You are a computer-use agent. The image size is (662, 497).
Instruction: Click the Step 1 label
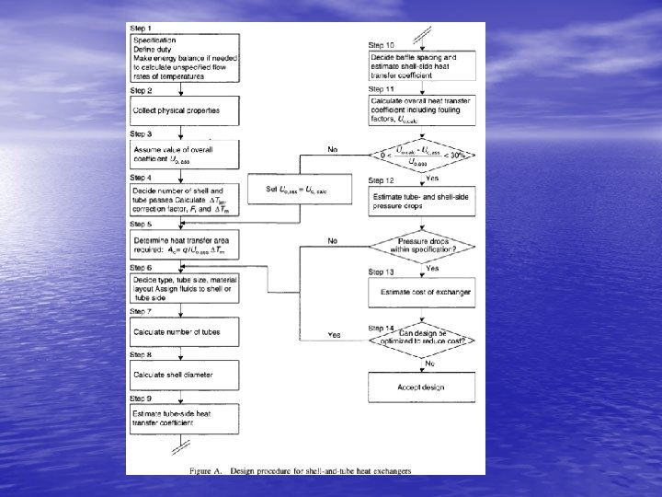(142, 29)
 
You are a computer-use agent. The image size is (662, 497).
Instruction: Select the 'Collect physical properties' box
(184, 110)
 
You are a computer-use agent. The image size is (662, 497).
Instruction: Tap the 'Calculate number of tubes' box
(184, 331)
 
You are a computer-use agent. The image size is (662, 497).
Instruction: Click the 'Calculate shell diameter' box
(184, 375)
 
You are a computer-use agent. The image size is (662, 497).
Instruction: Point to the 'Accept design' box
(421, 387)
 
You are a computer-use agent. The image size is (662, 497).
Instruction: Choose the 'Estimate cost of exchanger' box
(421, 293)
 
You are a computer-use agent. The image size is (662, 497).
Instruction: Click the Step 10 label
(382, 45)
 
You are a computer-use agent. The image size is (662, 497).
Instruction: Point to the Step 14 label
(382, 328)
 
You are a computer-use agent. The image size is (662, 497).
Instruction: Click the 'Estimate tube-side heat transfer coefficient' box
(184, 418)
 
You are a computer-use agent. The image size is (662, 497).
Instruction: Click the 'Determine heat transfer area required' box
(184, 243)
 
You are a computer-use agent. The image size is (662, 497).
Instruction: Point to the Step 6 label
(142, 267)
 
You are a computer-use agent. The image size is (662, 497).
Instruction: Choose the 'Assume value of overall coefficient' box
(184, 154)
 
